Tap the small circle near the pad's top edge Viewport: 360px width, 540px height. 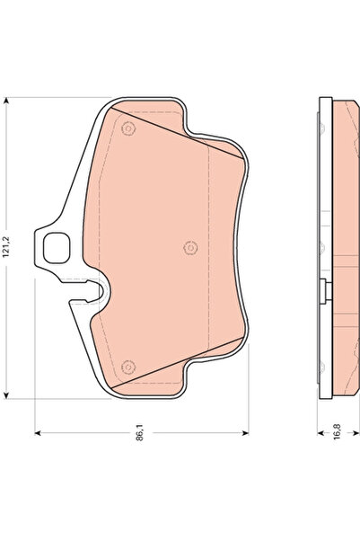click(127, 128)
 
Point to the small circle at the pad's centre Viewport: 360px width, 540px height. click(189, 248)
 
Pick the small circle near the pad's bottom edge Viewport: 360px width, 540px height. click(127, 366)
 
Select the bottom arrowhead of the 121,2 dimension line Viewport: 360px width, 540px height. click(8, 395)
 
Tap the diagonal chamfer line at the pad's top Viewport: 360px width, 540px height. click(184, 136)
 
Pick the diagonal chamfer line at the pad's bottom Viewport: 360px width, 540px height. click(184, 359)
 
